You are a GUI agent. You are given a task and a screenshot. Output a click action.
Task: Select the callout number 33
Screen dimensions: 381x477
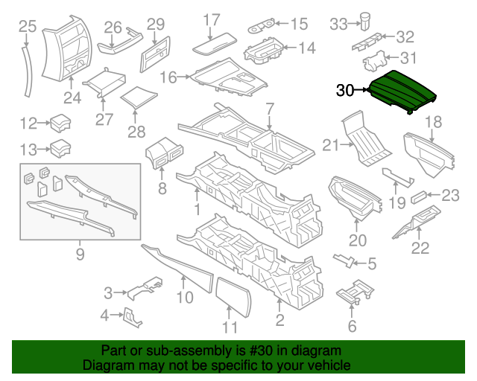pyautogui.click(x=339, y=25)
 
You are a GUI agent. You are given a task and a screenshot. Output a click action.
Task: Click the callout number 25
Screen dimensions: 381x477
pyautogui.click(x=27, y=28)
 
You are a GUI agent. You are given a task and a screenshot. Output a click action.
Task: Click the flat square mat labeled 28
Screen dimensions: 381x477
pyautogui.click(x=138, y=97)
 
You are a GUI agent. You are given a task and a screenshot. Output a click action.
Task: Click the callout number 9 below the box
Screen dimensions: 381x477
pyautogui.click(x=80, y=257)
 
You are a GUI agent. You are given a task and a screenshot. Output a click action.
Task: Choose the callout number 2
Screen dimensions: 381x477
pyautogui.click(x=279, y=321)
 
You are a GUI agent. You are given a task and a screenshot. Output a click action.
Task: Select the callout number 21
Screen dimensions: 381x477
pyautogui.click(x=331, y=145)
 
